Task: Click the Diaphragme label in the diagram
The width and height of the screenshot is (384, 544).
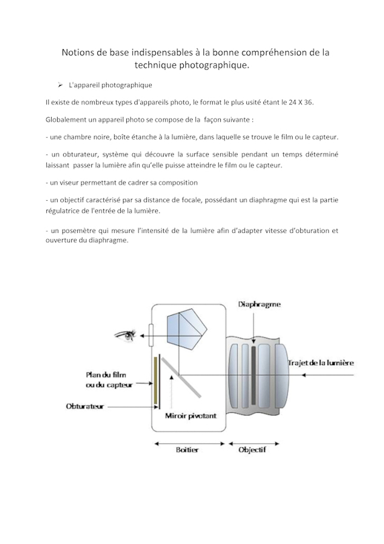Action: [x=259, y=305]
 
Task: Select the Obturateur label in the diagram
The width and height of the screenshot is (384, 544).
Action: [x=84, y=406]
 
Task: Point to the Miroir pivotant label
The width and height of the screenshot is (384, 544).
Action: [x=190, y=416]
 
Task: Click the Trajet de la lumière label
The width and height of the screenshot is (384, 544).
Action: [x=321, y=363]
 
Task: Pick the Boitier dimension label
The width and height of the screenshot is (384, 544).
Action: [x=187, y=450]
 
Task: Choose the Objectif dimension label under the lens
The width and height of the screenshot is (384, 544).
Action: [x=252, y=450]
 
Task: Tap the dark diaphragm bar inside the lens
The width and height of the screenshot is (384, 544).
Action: [x=253, y=375]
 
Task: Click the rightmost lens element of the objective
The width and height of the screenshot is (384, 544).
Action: [x=281, y=375]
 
